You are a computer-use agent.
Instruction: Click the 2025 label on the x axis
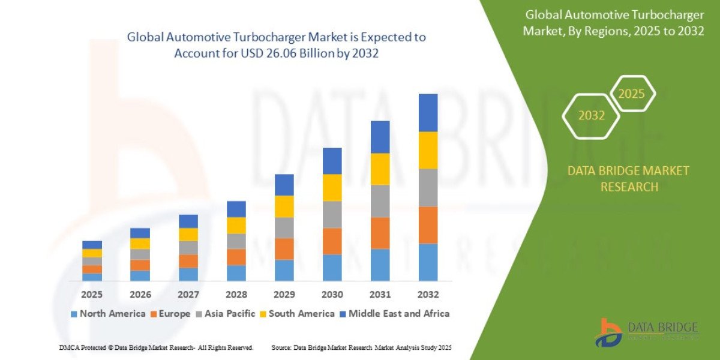(x=92, y=295)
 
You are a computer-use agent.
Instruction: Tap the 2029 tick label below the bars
(x=284, y=295)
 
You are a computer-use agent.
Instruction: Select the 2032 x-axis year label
(x=428, y=295)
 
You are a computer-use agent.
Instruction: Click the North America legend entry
(x=108, y=313)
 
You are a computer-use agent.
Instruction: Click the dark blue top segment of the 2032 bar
(x=428, y=112)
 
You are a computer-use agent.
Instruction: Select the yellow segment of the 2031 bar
(x=380, y=169)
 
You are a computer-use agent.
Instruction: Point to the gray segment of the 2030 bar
(x=332, y=214)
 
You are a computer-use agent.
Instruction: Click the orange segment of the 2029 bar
(x=284, y=248)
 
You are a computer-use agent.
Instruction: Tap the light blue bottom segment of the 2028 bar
(x=236, y=272)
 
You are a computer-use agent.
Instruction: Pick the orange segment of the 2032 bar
(x=428, y=224)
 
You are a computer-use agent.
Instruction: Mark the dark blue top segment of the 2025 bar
(x=92, y=244)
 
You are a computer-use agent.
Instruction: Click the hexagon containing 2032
(x=591, y=116)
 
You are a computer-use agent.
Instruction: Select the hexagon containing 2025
(x=631, y=94)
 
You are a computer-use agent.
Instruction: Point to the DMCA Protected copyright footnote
(x=156, y=347)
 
